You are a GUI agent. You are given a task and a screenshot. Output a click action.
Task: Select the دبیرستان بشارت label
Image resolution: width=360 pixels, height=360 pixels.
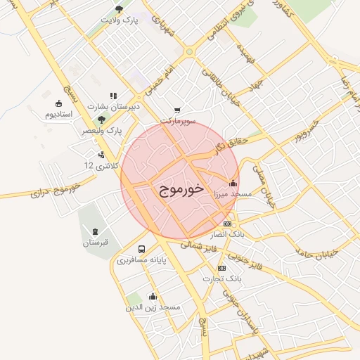[x=114, y=106]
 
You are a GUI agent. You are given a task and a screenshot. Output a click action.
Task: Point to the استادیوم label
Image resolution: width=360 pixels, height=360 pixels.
[x=58, y=114]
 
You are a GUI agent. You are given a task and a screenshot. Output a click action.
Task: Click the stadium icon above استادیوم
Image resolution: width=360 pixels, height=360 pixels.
[x=58, y=103]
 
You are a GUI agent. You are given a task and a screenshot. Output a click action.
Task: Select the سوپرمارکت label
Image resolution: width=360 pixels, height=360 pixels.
[x=176, y=121]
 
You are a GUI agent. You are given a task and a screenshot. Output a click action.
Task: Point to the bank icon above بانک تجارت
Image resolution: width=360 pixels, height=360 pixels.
[x=222, y=268]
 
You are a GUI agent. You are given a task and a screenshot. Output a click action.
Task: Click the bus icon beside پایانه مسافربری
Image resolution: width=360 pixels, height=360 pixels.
[x=142, y=249]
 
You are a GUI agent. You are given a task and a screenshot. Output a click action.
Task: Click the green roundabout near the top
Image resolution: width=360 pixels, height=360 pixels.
[x=188, y=52]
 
